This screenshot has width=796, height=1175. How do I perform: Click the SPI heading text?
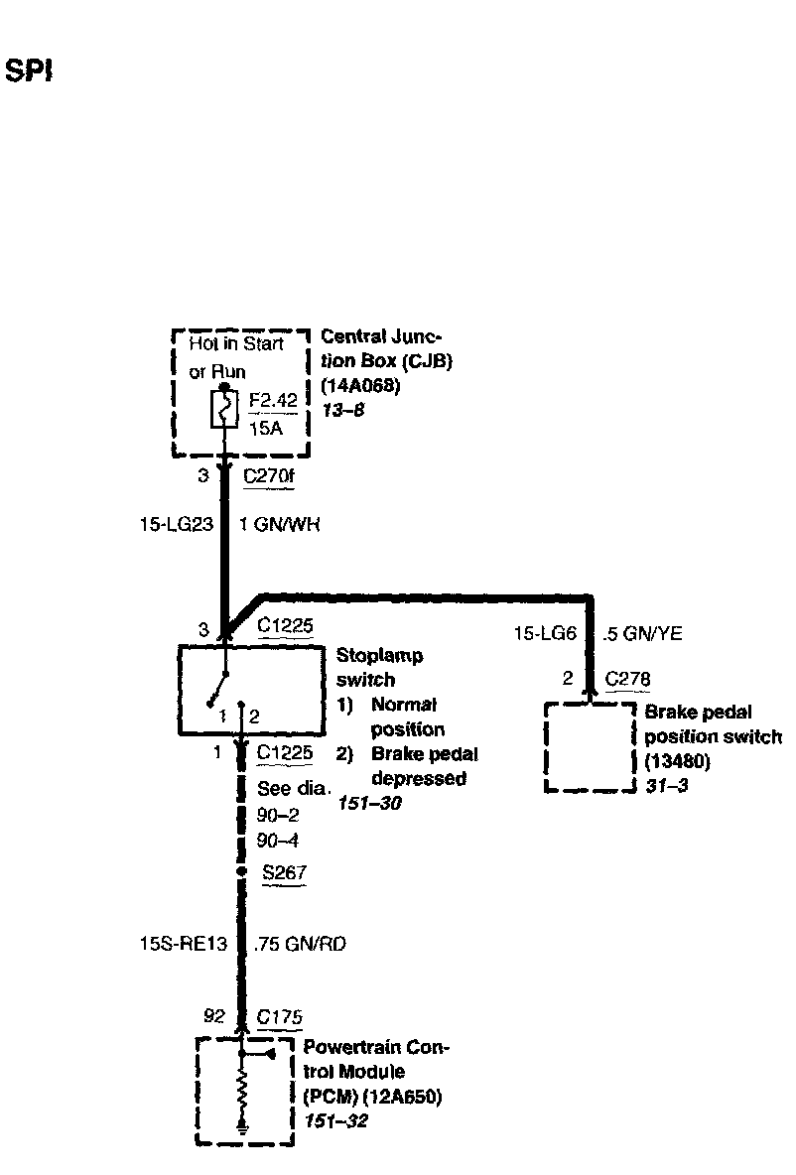29,71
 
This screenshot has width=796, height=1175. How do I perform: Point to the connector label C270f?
269,476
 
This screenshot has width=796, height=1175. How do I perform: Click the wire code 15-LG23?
177,524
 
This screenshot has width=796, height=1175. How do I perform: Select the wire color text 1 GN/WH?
281,524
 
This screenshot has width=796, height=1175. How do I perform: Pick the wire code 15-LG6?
544,633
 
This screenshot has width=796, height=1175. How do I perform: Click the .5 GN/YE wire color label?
642,633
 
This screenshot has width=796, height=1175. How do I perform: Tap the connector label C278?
626,679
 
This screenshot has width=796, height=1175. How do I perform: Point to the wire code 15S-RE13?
176,945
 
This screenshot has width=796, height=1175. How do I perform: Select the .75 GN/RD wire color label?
300,945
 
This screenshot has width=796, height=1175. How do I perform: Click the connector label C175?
279,1017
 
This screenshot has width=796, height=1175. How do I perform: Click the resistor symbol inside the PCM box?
242,1095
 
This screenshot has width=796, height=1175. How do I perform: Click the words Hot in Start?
236,344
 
